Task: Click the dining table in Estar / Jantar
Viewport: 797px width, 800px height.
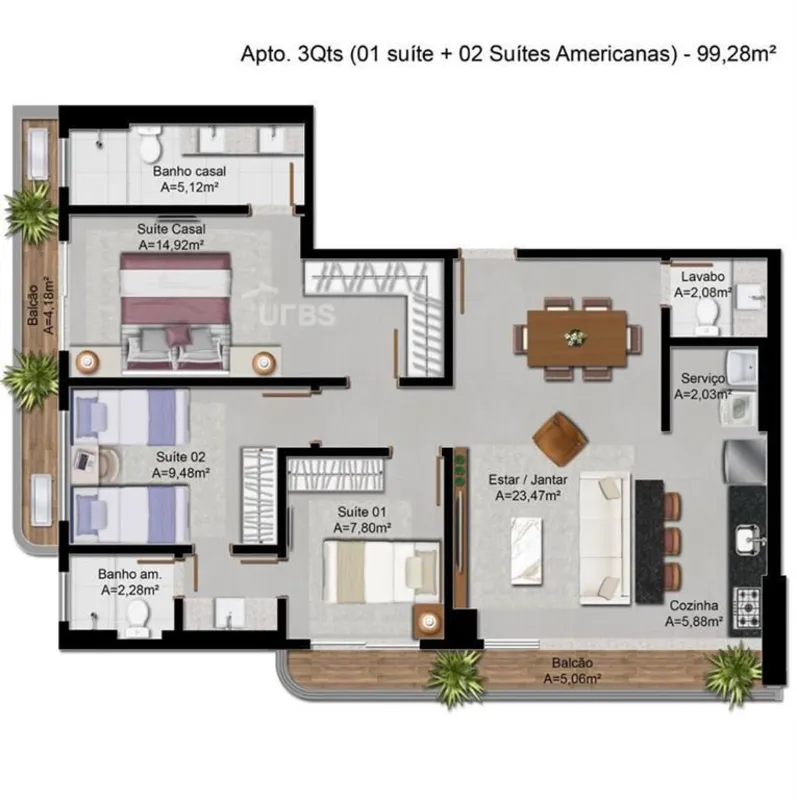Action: pos(577,338)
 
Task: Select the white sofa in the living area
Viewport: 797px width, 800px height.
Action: pos(605,538)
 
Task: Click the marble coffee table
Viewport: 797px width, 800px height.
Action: pos(527,549)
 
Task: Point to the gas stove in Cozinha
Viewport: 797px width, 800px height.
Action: pos(746,608)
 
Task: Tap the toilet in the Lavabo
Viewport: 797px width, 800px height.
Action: pos(707,316)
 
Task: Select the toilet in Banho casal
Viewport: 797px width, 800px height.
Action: pos(150,143)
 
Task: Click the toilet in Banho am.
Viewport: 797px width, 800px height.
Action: pos(136,618)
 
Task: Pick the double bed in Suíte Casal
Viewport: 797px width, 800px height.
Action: pos(175,312)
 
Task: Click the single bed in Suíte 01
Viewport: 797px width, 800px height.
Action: pos(382,572)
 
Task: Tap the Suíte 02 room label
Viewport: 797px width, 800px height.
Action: pos(181,457)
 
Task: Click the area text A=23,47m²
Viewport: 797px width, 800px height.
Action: pos(528,495)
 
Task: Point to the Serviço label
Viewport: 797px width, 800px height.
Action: pos(703,379)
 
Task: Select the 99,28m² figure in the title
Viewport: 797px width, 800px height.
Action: pos(736,54)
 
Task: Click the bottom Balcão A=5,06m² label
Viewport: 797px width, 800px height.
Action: pos(572,671)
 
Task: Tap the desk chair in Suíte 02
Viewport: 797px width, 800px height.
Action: pos(108,464)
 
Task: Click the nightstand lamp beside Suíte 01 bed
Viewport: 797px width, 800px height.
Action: pos(429,620)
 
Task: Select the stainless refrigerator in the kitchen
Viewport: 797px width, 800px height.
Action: pos(745,461)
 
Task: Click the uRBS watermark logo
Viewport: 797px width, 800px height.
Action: pos(291,308)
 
